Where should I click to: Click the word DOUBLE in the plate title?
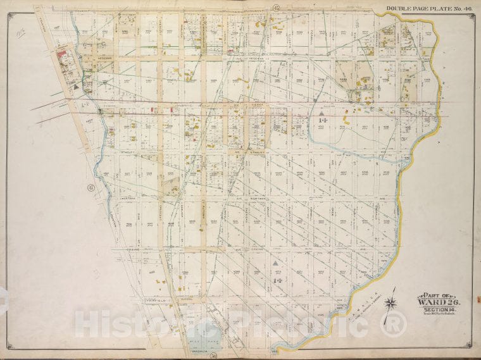pos(397,8)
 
